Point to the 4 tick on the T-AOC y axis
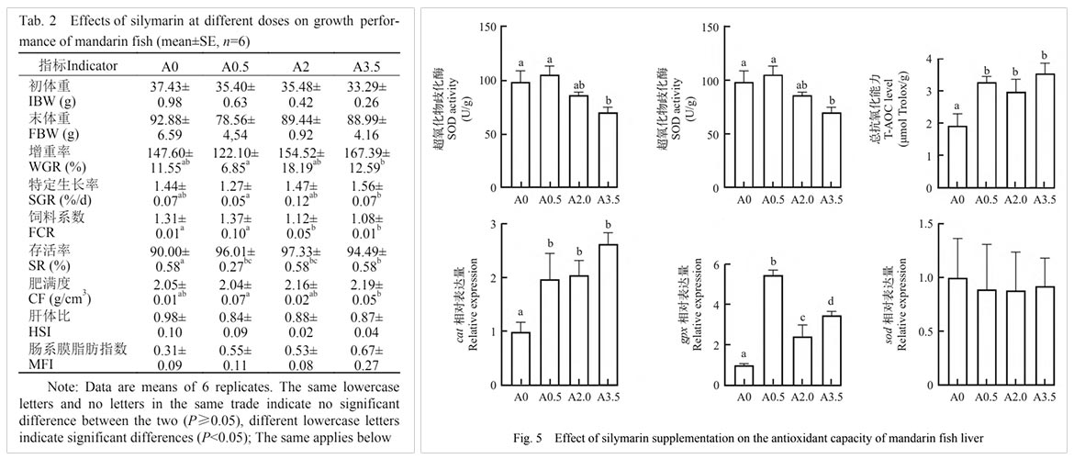click(931, 60)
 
